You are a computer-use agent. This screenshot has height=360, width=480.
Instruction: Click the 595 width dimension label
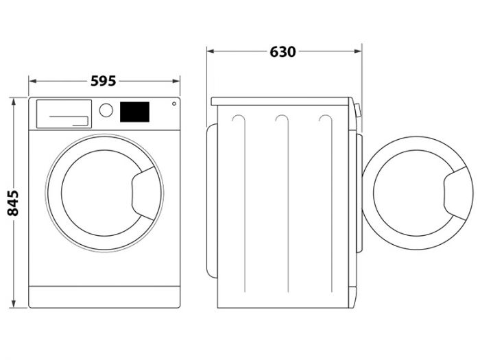[104, 81]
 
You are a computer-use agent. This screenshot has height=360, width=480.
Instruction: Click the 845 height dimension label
[12, 203]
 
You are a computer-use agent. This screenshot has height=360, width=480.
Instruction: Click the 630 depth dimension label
[283, 51]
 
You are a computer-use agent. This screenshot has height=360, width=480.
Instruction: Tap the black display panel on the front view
[134, 112]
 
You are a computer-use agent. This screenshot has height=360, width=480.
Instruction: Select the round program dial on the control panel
[106, 110]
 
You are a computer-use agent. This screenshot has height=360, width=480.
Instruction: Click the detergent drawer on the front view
[62, 113]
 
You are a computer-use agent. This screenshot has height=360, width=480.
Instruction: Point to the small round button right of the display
[173, 105]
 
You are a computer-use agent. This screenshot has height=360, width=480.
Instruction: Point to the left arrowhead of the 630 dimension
[211, 51]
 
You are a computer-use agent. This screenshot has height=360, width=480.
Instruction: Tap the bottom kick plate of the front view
[104, 296]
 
